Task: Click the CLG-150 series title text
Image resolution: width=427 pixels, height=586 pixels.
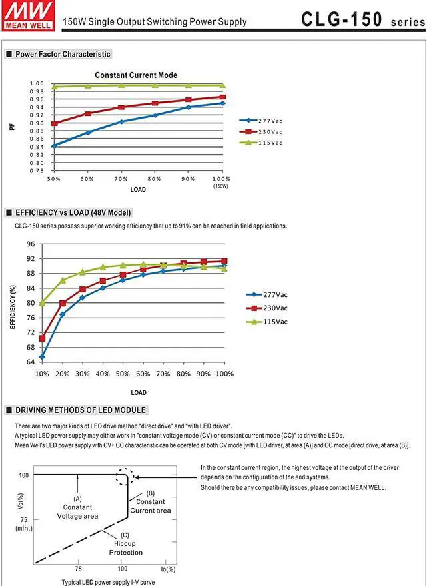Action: coord(361,19)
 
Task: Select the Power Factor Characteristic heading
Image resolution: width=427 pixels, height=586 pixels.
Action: coord(63,54)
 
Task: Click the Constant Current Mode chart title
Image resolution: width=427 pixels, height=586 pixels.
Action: coord(136,75)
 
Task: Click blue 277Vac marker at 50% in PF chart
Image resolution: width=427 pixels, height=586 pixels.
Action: coord(54,145)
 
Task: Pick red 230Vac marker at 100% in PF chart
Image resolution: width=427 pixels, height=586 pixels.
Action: coord(222,97)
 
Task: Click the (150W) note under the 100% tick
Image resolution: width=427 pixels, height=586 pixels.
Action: coord(221,186)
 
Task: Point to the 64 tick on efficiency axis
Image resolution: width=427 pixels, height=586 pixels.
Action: coord(31,362)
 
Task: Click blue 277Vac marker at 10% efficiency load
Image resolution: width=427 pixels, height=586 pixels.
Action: coord(43,357)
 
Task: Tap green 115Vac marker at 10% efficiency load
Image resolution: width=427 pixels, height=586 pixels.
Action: coord(43,303)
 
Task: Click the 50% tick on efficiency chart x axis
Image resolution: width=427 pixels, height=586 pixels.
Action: coord(123,373)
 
